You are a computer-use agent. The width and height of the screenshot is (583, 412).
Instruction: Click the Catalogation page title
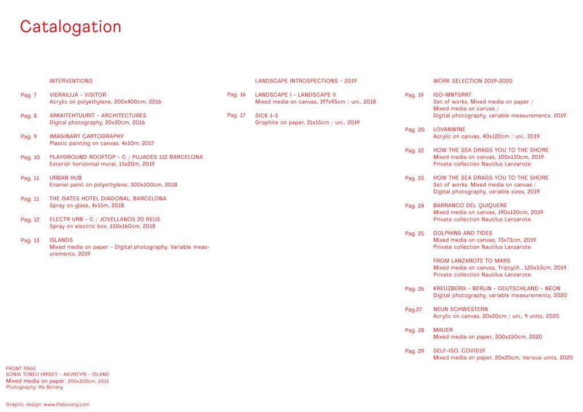[x=71, y=27]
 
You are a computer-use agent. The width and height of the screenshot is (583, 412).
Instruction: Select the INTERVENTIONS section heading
[x=71, y=81]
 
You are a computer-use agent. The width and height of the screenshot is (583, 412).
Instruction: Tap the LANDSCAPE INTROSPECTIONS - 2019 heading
[x=306, y=81]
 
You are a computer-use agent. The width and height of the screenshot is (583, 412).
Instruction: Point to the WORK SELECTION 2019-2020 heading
[x=473, y=81]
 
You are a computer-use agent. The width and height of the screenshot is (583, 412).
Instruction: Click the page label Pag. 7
[x=28, y=95]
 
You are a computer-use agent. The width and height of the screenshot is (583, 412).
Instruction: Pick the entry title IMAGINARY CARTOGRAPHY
[x=87, y=137]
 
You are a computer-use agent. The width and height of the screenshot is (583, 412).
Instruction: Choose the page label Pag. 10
[x=30, y=157]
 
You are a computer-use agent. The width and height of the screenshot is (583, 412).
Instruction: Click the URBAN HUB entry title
[x=65, y=178]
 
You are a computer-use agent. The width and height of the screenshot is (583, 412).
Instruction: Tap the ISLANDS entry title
[x=61, y=240]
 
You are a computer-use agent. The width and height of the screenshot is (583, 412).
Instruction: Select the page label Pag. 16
[x=236, y=94]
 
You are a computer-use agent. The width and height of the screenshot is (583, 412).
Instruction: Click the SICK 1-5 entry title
[x=266, y=116]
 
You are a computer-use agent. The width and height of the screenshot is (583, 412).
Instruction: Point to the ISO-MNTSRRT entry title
[x=452, y=95]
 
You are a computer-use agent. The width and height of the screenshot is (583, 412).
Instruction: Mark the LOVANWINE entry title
[x=450, y=130]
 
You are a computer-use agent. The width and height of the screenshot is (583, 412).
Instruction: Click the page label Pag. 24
[x=414, y=206]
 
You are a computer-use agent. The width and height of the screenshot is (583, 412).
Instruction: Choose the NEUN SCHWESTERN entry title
[x=461, y=309]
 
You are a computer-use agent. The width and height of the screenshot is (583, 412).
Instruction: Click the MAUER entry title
[x=443, y=330]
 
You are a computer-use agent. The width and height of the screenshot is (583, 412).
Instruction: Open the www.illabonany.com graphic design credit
[x=67, y=404]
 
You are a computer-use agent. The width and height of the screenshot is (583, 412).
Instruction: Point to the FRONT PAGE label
[x=21, y=369]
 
